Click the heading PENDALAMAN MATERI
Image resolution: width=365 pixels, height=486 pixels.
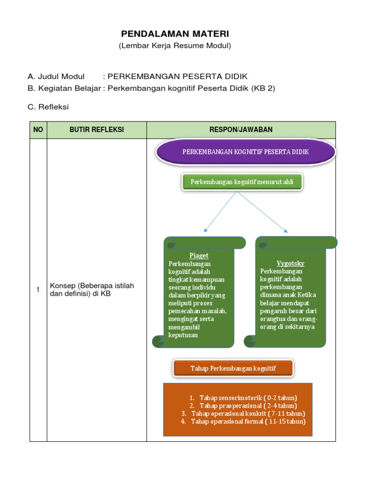(175, 34)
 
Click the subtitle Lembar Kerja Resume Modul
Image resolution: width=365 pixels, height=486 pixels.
(175, 46)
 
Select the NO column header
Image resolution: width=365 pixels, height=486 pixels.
(38, 130)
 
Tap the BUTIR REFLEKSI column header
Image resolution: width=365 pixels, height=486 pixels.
(96, 130)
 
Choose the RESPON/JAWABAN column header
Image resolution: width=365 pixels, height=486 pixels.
(241, 130)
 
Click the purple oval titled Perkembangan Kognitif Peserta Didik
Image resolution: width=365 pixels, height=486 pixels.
(246, 152)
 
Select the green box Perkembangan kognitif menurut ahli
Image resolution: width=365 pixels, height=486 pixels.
(241, 182)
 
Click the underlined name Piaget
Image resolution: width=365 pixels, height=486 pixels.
(199, 255)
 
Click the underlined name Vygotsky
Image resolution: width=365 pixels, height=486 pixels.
(290, 263)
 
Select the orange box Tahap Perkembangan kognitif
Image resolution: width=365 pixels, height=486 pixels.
(233, 368)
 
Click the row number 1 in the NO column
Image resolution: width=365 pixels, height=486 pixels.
(38, 290)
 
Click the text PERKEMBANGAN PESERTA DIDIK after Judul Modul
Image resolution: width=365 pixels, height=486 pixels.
(178, 76)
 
